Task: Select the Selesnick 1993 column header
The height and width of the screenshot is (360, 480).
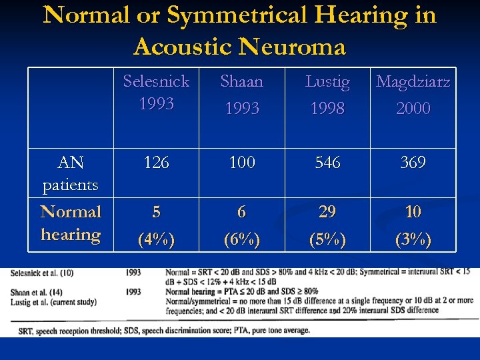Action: click(156, 93)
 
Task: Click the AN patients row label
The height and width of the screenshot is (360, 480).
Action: click(70, 173)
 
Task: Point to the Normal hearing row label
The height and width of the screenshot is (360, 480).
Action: click(70, 223)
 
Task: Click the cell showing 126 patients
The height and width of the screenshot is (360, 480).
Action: click(156, 163)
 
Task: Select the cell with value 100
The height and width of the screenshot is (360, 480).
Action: click(241, 163)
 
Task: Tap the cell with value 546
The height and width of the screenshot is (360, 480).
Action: click(327, 163)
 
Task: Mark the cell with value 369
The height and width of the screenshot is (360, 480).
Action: click(413, 163)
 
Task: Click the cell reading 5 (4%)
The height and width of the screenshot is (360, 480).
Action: click(156, 225)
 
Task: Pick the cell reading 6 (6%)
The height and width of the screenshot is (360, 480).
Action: click(241, 225)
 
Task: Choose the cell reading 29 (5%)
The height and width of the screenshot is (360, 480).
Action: click(327, 225)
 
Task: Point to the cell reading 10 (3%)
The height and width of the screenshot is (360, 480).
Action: click(413, 225)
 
